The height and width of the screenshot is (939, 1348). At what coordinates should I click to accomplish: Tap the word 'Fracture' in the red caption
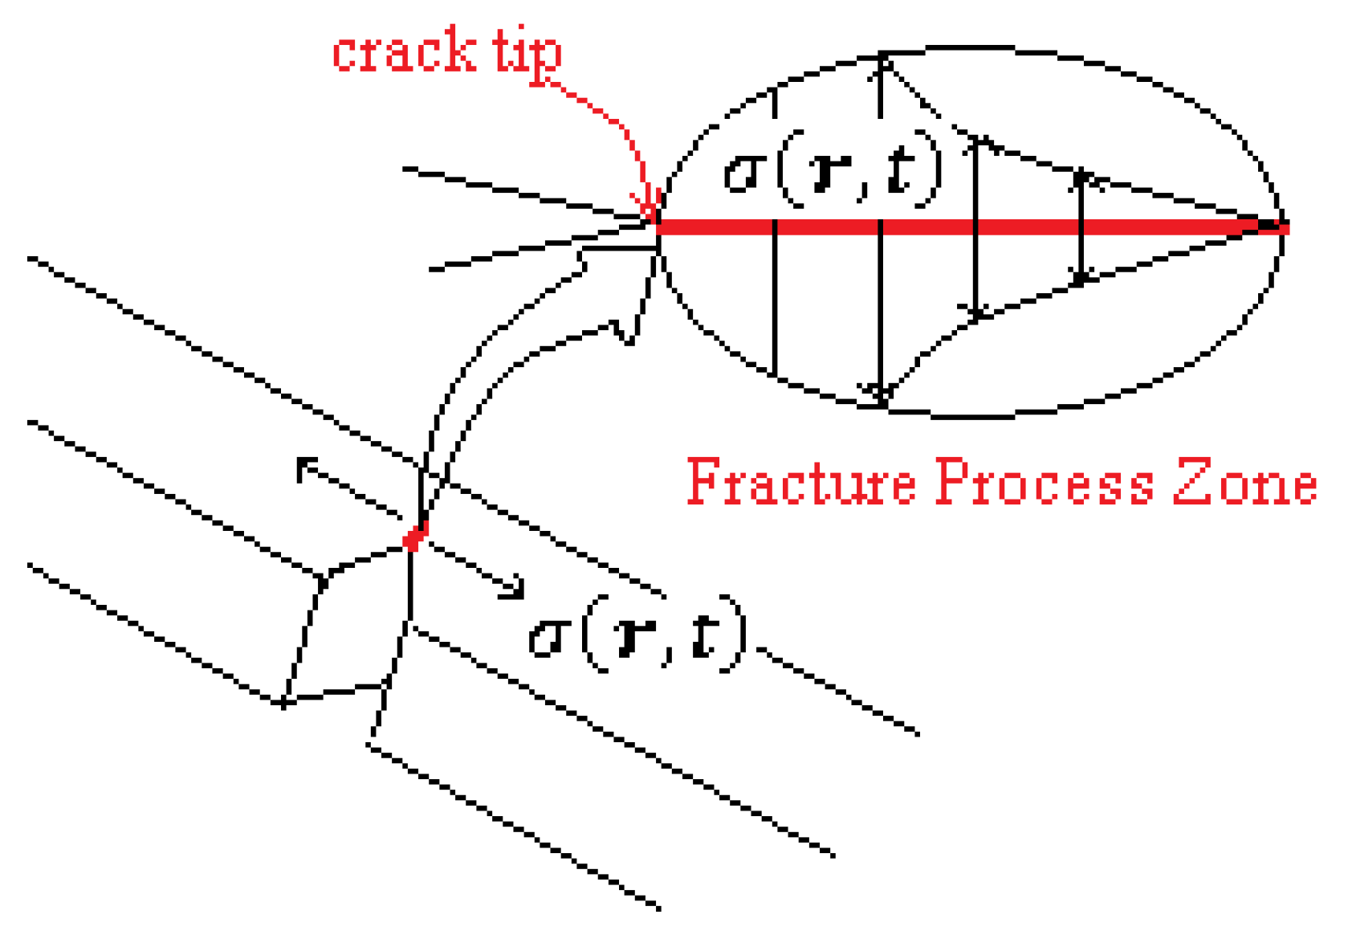800,482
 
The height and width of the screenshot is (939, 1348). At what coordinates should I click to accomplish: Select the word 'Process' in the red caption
1044,482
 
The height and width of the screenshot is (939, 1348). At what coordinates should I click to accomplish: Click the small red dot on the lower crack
414,537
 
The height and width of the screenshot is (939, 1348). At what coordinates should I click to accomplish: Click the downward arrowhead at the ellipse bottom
881,394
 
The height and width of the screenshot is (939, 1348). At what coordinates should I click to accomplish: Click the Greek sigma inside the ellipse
743,174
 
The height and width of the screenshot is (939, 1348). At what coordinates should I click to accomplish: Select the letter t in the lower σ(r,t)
702,638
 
